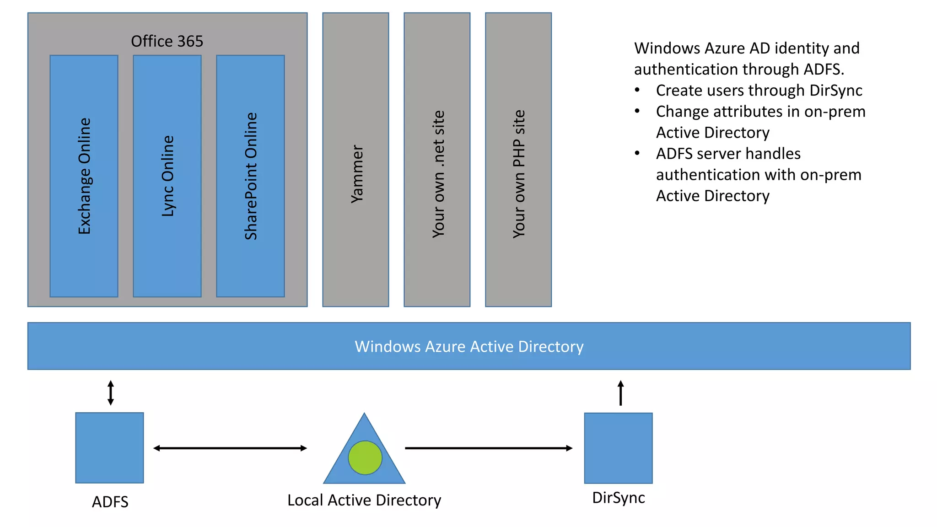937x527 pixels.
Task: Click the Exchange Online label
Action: pos(85,176)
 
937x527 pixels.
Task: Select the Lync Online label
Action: pos(168,176)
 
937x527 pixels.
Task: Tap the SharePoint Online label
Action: pos(251,176)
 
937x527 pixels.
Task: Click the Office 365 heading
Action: pos(167,41)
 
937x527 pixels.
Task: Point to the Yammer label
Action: pos(357,174)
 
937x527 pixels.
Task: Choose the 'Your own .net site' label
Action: pos(438,174)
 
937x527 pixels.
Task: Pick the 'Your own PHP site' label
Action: pos(519,174)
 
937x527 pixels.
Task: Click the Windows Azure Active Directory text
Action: pos(469,346)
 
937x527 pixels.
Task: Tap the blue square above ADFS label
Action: pos(109,447)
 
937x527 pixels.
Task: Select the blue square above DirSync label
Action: pos(618,448)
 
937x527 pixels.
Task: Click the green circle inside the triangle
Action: pos(365,457)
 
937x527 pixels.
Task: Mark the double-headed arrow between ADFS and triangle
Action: pos(230,448)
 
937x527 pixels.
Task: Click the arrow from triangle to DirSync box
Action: pos(489,448)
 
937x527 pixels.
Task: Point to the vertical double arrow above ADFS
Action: pos(111,393)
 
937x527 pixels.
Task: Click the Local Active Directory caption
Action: pos(364,500)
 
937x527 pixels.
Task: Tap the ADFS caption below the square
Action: pos(110,502)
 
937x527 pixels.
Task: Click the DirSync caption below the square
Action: pos(619,498)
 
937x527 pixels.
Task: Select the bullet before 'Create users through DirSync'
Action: pos(637,90)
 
